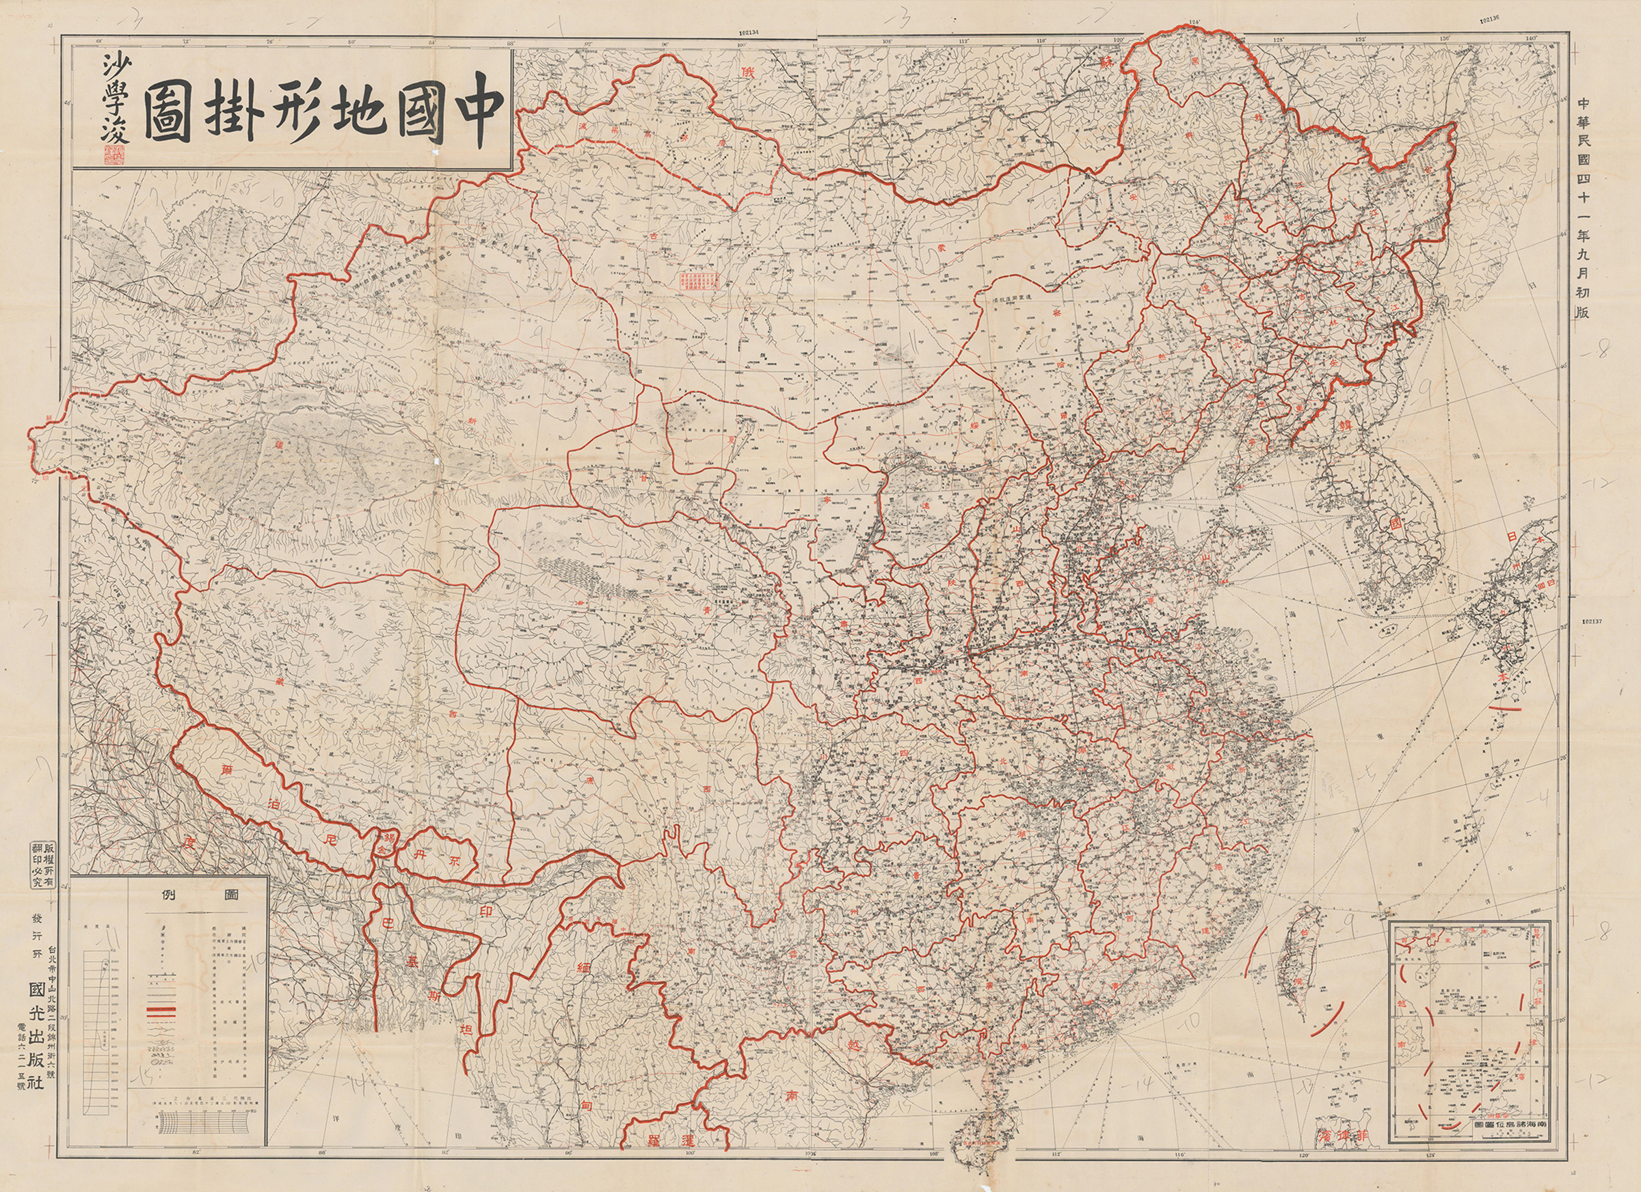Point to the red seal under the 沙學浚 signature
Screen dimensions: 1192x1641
113,152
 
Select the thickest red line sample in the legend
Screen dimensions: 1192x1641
162,1011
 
